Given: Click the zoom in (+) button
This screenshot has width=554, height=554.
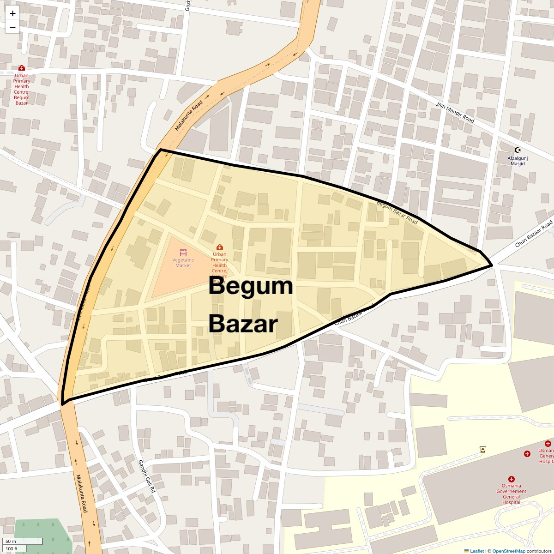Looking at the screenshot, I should point(12,13).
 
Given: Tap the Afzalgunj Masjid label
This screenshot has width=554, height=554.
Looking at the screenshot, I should point(518,161).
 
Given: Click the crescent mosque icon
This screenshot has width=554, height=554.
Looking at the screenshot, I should point(518,150).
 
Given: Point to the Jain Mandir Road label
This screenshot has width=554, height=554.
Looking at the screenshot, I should point(455,112).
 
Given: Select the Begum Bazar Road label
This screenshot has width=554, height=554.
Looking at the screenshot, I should point(397,213).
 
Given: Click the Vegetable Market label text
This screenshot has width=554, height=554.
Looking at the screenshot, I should point(183,263).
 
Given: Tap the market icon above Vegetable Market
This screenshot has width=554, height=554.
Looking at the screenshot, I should point(183,253).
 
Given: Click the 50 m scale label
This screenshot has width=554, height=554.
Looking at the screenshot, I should point(11,541).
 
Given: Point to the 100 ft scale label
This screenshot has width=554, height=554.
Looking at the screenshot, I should point(12,548).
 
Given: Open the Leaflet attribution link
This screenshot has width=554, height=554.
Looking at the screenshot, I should point(477,551).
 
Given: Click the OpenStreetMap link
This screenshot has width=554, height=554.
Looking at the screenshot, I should point(508,551).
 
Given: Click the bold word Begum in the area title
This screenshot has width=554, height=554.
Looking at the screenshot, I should point(251,286).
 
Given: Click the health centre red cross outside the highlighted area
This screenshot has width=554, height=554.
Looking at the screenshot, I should point(21,68).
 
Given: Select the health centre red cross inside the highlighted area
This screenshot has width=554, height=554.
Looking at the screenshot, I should point(220,247).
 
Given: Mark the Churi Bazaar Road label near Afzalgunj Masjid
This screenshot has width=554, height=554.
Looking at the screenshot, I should point(534,235).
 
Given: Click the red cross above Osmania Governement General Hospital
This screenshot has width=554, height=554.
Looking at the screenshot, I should point(511,479).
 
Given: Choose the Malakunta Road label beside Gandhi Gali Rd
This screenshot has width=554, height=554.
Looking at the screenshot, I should point(82,493).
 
